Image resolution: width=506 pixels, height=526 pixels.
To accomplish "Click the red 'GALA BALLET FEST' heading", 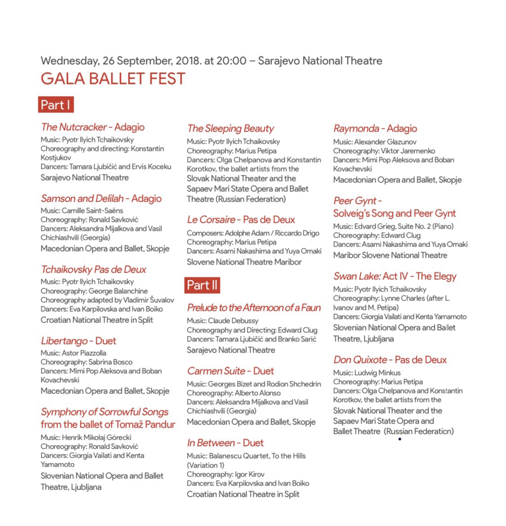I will [113, 79].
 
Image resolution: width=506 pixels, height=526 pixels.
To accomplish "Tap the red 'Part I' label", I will [55, 105].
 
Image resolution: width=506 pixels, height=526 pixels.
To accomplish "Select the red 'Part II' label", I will [202, 285].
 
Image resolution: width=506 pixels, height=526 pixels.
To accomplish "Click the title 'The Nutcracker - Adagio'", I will [93, 127].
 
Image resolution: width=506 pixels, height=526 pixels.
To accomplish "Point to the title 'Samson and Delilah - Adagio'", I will [101, 199].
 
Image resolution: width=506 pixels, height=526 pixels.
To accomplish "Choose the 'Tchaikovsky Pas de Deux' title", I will [94, 270].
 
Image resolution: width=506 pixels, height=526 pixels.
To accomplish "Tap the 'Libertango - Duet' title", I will [78, 341].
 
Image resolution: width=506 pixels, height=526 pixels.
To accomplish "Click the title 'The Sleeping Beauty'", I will [230, 128].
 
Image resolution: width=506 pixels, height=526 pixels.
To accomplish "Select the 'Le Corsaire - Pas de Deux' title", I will [241, 220].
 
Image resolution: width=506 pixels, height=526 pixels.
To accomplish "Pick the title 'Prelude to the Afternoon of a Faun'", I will [254, 308].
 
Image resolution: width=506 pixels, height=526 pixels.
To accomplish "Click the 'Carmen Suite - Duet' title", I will [230, 371].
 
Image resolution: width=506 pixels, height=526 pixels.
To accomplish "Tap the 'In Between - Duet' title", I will [225, 443].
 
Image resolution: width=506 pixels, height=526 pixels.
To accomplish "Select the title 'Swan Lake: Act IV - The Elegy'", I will [394, 276].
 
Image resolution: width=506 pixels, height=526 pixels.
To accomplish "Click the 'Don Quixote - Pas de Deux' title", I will [390, 360].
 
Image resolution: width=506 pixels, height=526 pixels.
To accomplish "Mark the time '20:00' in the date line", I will [231, 61].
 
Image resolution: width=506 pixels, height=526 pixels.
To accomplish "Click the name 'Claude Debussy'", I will [233, 321].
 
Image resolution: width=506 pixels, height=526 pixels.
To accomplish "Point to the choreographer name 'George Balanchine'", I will [118, 291].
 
